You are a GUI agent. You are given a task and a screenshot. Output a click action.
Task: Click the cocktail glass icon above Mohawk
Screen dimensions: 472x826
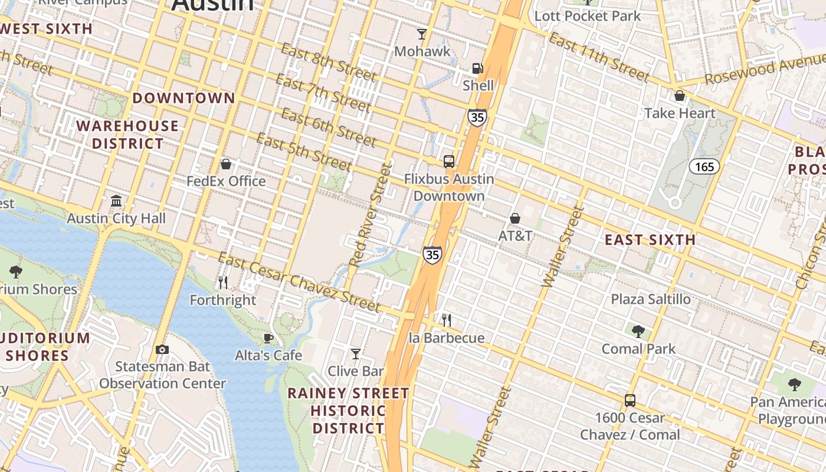tap(422, 34)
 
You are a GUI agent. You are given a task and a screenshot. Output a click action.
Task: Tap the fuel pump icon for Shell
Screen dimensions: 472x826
tap(477, 68)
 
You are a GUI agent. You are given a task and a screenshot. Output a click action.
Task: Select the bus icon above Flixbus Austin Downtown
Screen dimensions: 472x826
tap(449, 161)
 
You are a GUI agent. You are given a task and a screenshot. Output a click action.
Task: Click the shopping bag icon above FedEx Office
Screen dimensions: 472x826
tap(225, 163)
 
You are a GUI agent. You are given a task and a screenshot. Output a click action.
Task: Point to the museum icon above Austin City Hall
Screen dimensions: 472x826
tap(116, 201)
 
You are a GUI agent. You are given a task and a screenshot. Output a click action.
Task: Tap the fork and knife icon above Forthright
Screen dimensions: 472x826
tap(223, 283)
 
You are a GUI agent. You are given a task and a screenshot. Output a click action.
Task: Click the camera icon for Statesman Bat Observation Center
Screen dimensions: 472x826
tap(162, 349)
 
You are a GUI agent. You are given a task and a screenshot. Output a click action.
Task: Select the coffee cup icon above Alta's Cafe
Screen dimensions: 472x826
tap(268, 338)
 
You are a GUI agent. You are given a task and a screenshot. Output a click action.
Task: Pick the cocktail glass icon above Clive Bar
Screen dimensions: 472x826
tap(356, 354)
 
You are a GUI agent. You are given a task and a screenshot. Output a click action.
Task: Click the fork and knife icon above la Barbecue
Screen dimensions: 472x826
tap(447, 320)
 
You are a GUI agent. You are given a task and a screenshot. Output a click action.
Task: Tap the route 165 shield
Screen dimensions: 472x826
tap(704, 167)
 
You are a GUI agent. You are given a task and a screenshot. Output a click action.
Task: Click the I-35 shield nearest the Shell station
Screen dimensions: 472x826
tap(477, 117)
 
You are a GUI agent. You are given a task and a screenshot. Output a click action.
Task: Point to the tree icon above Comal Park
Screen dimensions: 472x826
tap(638, 331)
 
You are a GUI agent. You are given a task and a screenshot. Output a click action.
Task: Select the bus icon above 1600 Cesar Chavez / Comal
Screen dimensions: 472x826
tap(630, 401)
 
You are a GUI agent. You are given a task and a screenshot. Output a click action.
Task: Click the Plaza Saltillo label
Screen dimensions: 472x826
tap(650, 299)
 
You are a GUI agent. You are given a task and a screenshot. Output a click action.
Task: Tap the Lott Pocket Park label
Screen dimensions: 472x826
tap(587, 16)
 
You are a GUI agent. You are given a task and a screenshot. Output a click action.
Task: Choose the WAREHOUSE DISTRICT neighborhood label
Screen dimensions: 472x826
tap(127, 135)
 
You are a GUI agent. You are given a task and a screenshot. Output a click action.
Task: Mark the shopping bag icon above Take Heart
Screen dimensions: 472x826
tap(680, 96)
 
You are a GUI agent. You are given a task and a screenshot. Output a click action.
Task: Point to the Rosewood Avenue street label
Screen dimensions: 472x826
tap(765, 70)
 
